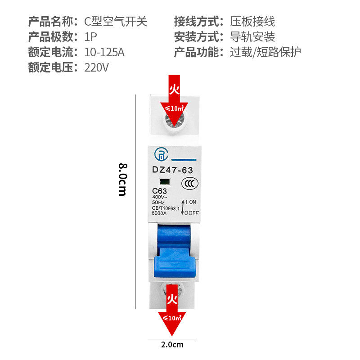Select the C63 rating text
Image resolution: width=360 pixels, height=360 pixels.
click(160, 191)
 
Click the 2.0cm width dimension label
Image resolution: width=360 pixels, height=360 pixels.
click(172, 345)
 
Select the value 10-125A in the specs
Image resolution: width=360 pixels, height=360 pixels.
click(104, 52)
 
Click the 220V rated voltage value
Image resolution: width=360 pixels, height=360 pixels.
click(97, 68)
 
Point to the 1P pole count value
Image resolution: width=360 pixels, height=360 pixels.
click(90, 37)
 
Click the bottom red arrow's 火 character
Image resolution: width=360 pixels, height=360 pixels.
click(172, 298)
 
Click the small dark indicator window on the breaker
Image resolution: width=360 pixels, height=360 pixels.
click(164, 182)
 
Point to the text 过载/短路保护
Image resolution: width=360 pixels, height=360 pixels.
click(265, 52)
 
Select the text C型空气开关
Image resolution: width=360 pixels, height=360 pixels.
click(116, 21)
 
